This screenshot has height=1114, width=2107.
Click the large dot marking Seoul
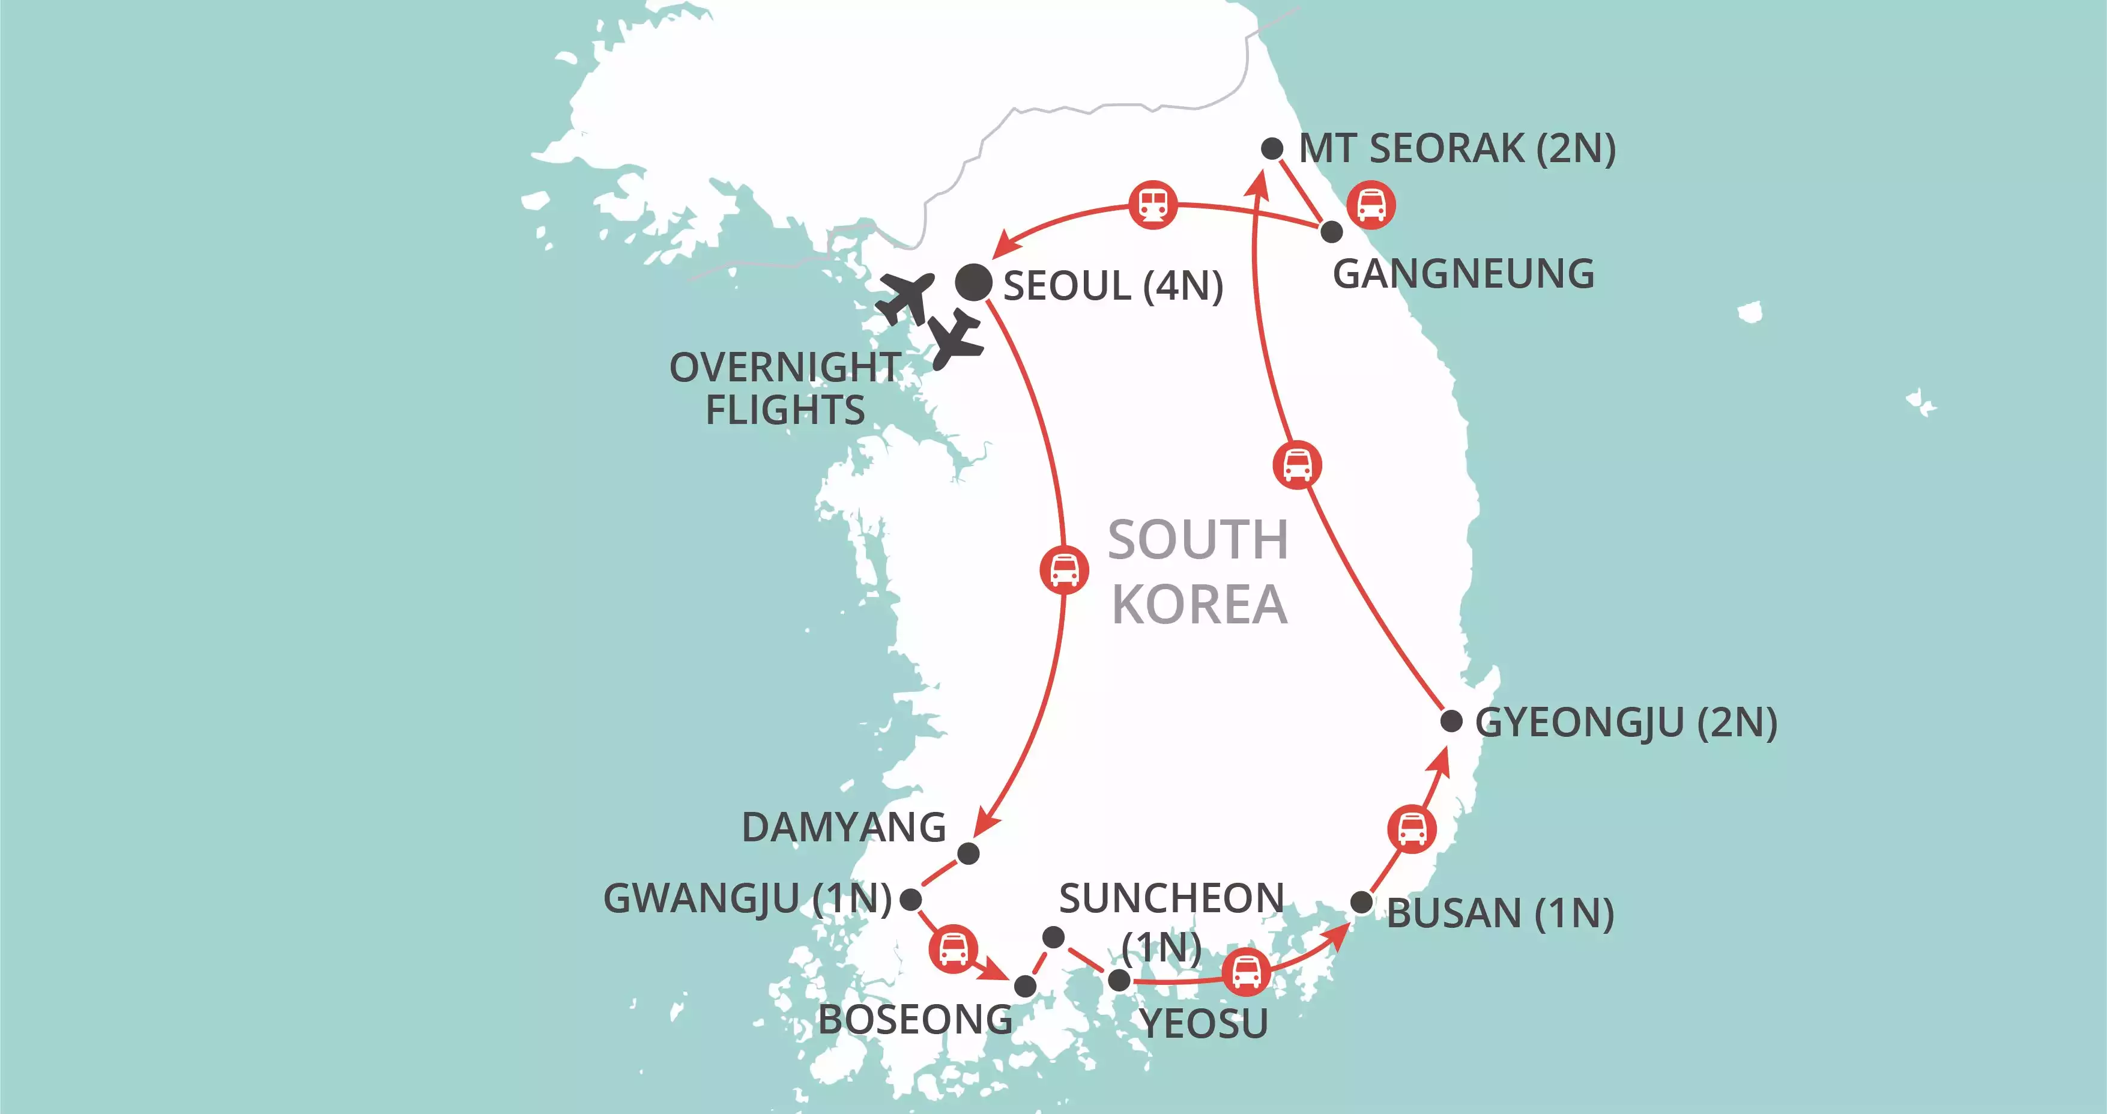[x=973, y=283]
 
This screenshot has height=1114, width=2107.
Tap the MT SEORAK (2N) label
[x=1457, y=149]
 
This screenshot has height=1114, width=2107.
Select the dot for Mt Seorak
[x=1272, y=149]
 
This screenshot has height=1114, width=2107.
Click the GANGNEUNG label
[x=1463, y=274]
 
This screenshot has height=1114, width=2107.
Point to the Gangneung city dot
[x=1332, y=231]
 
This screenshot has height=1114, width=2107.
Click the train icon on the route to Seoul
[x=1153, y=204]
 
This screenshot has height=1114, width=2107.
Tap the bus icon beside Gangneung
[x=1371, y=204]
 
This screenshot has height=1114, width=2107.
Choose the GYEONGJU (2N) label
[x=1625, y=723]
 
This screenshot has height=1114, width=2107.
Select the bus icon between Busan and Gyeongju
[x=1412, y=829]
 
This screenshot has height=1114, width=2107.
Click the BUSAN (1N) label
[x=1500, y=913]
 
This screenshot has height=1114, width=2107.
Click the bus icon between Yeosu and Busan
[x=1246, y=972]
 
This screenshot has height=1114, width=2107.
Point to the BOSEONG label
[x=915, y=1020]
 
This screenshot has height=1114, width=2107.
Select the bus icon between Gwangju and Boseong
[x=953, y=949]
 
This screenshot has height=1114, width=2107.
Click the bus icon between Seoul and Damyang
[x=1064, y=569]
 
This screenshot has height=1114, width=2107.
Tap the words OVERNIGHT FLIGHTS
[x=785, y=389]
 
